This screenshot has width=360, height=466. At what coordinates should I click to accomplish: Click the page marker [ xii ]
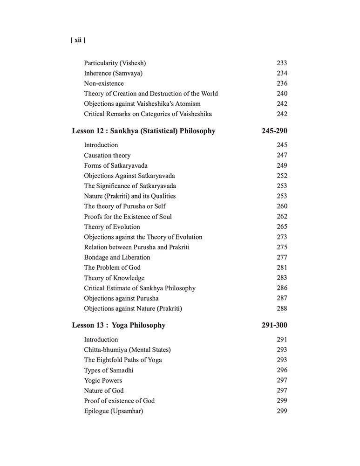77,40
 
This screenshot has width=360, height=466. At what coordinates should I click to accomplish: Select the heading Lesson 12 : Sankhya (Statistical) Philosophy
143,131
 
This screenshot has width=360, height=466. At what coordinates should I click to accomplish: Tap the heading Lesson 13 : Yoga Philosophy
119,325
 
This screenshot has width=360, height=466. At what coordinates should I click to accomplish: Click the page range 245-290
274,131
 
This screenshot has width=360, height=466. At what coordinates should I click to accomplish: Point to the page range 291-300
274,325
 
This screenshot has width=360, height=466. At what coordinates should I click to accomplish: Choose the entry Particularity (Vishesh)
118,63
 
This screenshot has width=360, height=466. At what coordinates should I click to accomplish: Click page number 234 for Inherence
282,73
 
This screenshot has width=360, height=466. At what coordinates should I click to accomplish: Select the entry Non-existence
104,83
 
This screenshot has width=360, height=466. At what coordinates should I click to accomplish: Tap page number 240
282,94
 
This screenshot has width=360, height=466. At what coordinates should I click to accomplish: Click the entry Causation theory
107,155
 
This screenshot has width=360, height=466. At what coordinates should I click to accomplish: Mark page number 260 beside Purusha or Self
282,206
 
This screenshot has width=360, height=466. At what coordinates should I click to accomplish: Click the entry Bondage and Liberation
117,257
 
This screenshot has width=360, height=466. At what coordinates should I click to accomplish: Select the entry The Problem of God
112,267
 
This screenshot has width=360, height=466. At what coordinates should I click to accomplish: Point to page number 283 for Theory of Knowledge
282,278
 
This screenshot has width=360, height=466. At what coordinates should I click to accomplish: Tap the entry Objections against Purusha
121,298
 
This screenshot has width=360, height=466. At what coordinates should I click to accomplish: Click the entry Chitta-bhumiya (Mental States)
127,349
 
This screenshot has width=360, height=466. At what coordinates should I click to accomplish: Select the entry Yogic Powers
103,380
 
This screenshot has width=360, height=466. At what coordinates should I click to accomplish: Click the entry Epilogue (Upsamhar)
113,411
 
